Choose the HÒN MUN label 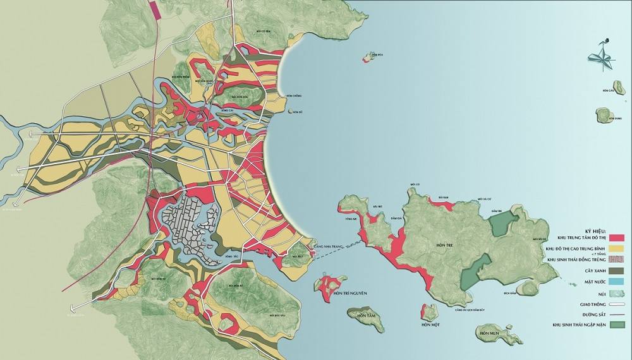[x=490, y=333]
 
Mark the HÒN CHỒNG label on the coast [x=294, y=95]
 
